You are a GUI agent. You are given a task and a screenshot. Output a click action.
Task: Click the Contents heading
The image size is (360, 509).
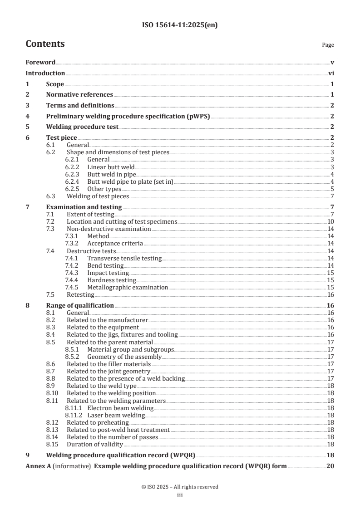coord(45,44)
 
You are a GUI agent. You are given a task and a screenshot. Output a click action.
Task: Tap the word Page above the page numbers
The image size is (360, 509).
coord(328,45)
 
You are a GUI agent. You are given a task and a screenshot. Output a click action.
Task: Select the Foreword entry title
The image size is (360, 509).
coord(40,62)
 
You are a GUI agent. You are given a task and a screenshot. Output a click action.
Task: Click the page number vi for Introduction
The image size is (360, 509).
coord(331,73)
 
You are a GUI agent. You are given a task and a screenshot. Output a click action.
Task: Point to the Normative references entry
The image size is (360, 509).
coord(79,94)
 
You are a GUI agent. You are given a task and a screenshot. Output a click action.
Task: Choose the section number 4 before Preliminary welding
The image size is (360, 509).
coord(27,116)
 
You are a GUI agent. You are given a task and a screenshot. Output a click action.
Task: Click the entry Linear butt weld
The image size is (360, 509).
coord(107,167)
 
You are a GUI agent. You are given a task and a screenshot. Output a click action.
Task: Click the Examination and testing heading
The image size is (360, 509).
coord(84,207)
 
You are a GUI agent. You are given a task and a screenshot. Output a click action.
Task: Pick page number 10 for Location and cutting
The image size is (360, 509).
coord(331,221)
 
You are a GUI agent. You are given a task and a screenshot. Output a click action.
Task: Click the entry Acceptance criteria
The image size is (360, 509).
coord(108,243)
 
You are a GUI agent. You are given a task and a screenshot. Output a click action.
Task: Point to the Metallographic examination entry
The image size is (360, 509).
coord(128,287)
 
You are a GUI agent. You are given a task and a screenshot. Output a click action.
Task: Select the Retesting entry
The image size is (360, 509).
coord(81,294)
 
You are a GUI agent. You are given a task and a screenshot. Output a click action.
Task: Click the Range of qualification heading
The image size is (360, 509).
coord(80,305)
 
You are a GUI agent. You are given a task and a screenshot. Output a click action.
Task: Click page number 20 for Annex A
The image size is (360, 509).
coord(330,466)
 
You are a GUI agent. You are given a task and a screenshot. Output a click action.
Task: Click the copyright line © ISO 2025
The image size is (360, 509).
coord(180,487)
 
